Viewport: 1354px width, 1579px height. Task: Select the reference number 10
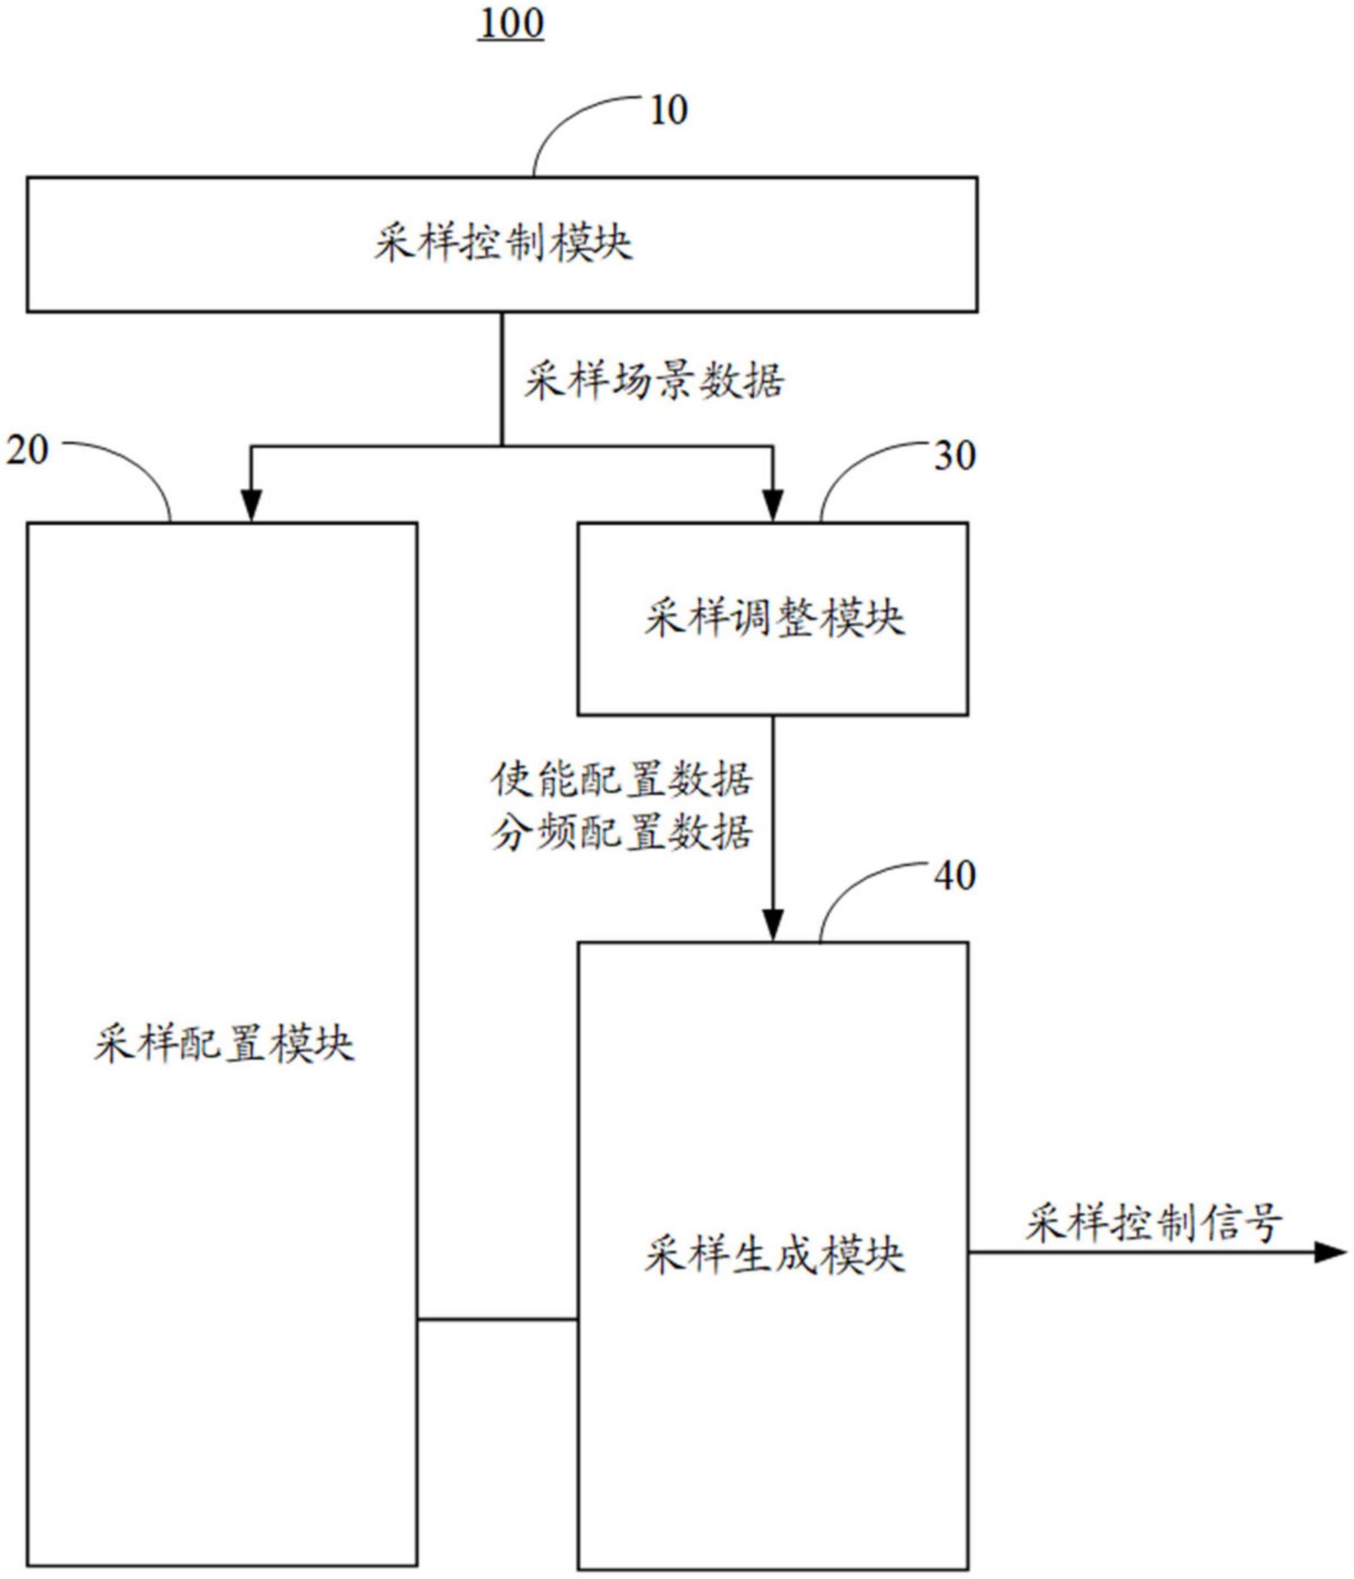[668, 110]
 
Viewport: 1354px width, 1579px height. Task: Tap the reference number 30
[955, 456]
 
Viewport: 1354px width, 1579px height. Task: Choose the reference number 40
[955, 876]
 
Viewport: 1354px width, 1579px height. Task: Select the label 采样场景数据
[653, 380]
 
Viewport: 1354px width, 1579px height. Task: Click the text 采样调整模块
[774, 618]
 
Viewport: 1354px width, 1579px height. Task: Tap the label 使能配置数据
[622, 779]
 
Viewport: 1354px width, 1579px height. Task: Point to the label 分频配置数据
[622, 833]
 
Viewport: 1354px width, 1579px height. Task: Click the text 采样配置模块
[224, 1044]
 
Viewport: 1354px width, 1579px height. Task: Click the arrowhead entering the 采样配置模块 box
[251, 506]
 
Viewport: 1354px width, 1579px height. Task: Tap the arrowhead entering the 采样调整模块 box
[773, 506]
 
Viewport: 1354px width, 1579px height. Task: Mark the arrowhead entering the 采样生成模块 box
[773, 926]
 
